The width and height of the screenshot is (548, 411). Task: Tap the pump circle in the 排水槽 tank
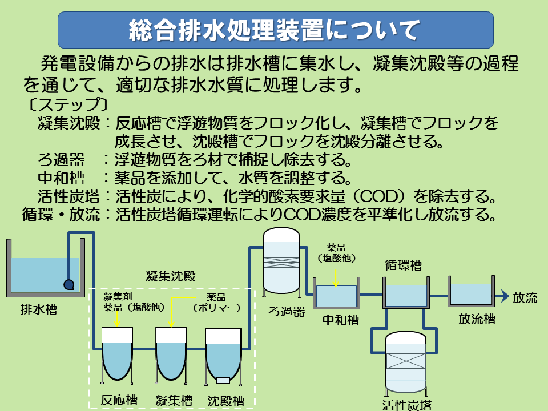click(69, 283)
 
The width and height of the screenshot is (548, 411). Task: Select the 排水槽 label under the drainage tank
click(39, 310)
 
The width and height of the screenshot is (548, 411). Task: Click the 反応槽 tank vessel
click(116, 354)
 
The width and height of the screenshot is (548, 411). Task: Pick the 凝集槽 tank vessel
click(171, 354)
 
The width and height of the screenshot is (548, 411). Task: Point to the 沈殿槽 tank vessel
click(223, 354)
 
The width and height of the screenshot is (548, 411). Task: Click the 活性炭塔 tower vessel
click(406, 362)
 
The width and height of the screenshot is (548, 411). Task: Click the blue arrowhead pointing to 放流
click(503, 296)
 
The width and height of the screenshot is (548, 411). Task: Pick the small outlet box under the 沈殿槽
click(223, 380)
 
